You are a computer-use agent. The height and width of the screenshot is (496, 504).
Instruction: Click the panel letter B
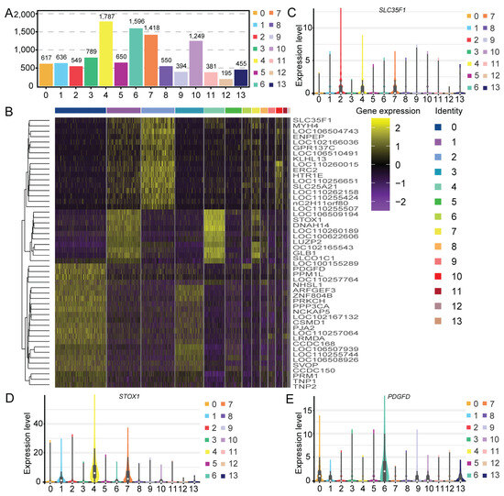7,114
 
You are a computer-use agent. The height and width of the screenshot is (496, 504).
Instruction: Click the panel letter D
7,373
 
